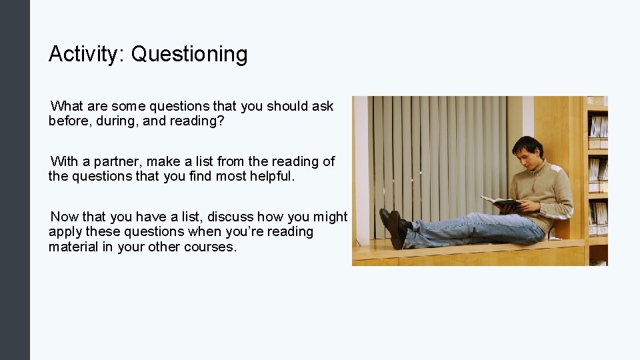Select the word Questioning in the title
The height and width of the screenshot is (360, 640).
click(x=189, y=55)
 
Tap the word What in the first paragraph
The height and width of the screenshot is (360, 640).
click(x=66, y=106)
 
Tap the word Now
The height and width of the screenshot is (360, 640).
click(x=65, y=217)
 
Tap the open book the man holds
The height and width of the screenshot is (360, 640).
click(x=500, y=201)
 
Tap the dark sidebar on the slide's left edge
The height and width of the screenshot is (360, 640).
click(x=15, y=180)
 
